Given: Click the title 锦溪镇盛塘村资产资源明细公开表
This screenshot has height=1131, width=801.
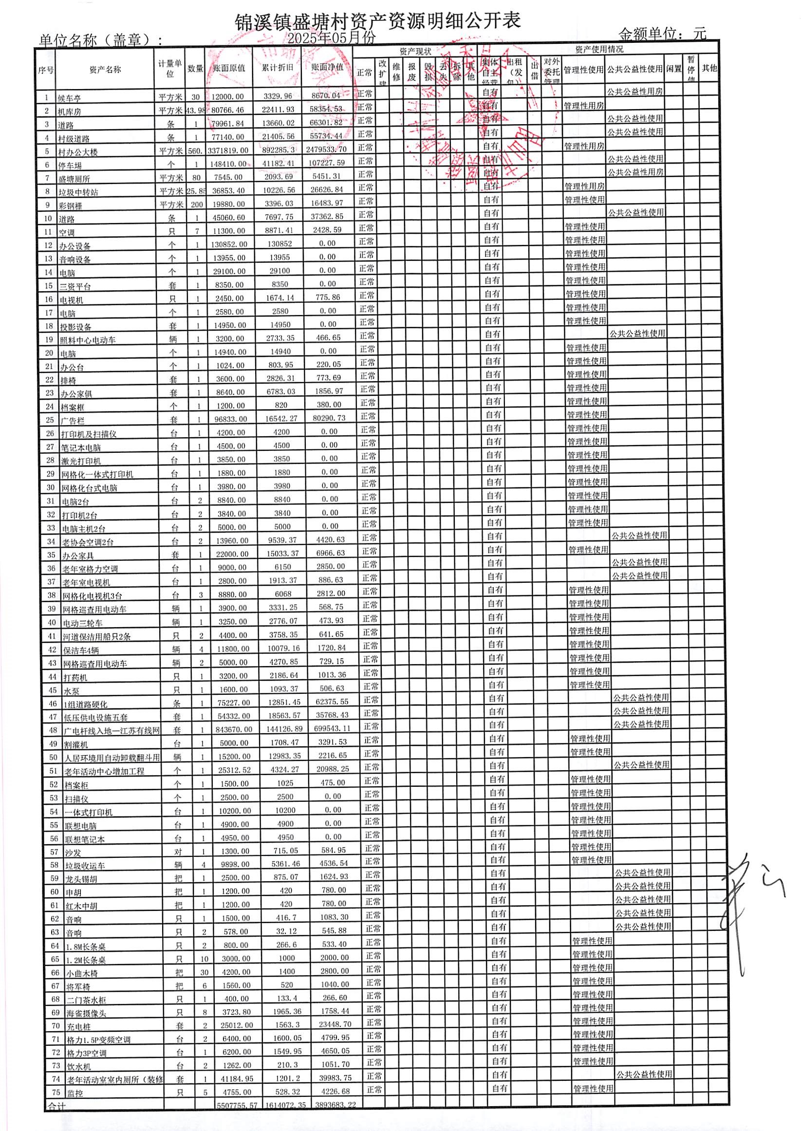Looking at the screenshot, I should [377, 22].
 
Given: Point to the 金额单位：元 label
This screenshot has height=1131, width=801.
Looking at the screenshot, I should [662, 34].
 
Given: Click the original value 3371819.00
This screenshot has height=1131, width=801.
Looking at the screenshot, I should [228, 150].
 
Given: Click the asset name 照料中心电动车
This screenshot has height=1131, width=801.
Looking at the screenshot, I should [88, 340].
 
